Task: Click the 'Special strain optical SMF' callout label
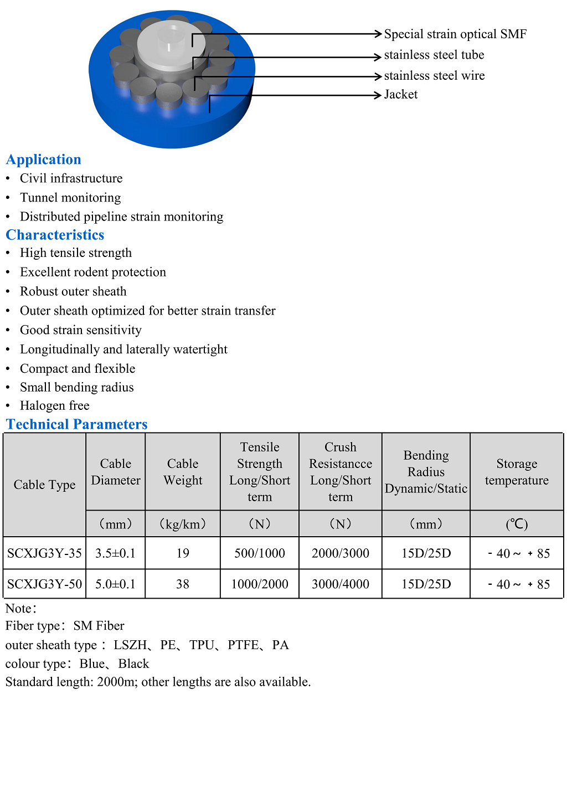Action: (455, 34)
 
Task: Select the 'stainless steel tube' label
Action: (434, 55)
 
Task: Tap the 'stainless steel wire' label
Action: (434, 76)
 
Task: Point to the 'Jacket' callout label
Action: (400, 95)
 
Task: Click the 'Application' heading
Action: (44, 160)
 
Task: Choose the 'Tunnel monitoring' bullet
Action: (70, 198)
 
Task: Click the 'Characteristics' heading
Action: (55, 235)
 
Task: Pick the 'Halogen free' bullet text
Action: (54, 406)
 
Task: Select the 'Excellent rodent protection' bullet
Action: (93, 273)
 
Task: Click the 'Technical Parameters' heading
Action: (77, 424)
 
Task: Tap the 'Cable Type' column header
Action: (44, 485)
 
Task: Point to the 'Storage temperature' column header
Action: (517, 472)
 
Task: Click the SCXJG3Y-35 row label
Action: (44, 553)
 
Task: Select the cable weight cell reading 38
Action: (183, 584)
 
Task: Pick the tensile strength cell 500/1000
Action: (260, 553)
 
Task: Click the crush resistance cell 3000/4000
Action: (341, 584)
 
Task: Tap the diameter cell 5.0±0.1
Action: (115, 584)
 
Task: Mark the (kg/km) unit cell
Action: (183, 524)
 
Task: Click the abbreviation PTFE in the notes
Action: (243, 645)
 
